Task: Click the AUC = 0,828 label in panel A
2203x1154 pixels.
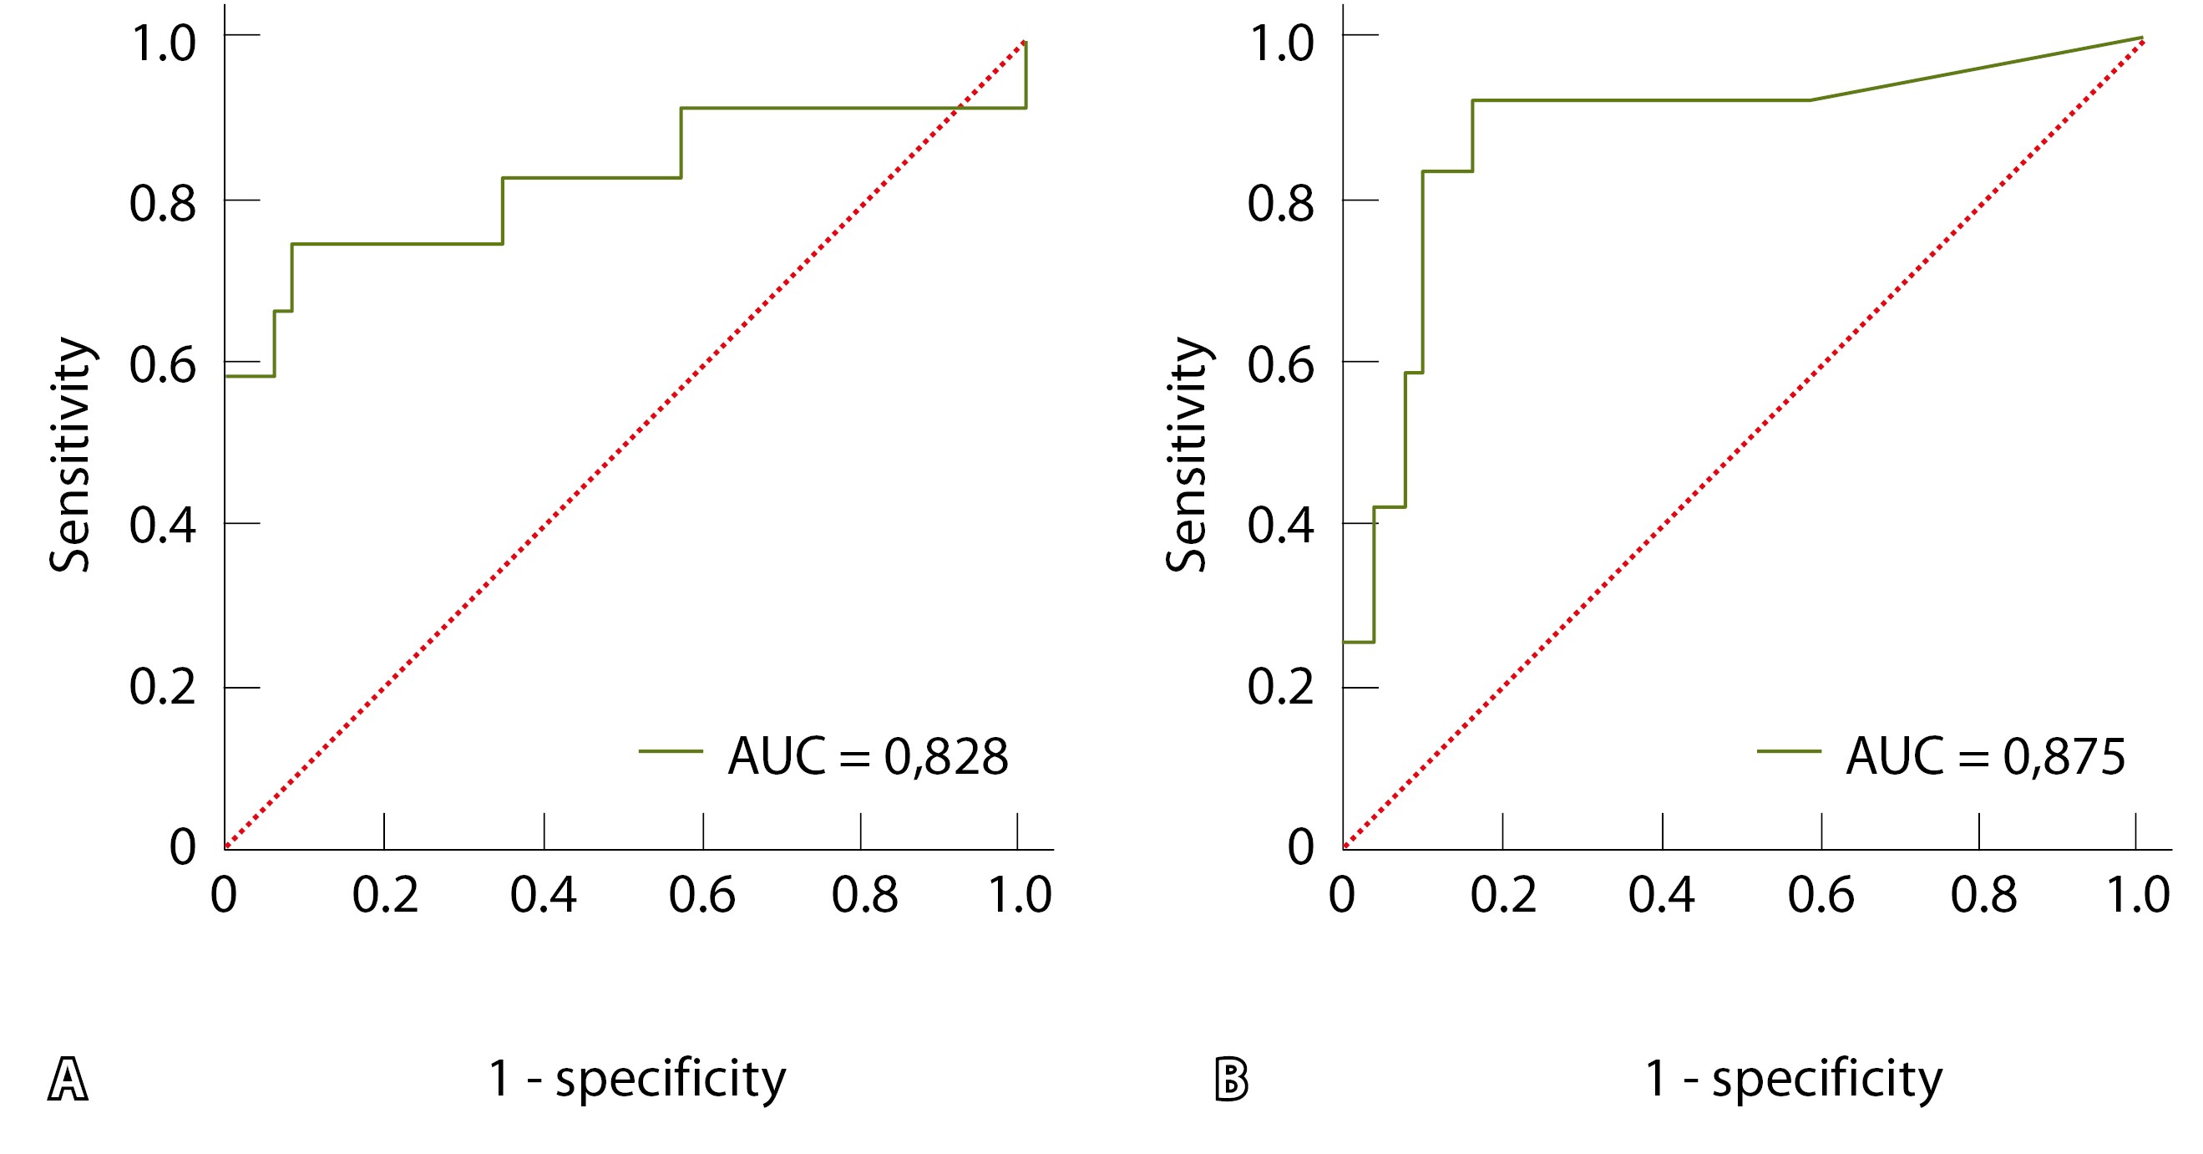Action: point(867,757)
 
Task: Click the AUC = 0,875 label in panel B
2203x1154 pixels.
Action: point(1985,757)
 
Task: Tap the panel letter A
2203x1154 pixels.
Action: point(68,1080)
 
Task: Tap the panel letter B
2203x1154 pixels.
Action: point(1232,1080)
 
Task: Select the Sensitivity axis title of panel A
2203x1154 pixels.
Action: point(70,455)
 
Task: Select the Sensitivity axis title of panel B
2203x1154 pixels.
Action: point(1188,455)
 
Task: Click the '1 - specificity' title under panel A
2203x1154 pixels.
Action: point(636,1078)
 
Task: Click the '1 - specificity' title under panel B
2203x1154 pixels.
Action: point(1793,1078)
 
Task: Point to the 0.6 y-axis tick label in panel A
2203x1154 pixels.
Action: point(163,365)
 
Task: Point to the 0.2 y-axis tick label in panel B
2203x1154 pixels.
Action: point(1280,687)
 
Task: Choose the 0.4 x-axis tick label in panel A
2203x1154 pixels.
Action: point(543,896)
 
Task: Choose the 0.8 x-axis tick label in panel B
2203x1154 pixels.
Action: point(1983,896)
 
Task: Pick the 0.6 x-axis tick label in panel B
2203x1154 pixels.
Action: point(1821,896)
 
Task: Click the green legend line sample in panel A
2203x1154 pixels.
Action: point(671,751)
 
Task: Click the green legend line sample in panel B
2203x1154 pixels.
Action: point(1789,751)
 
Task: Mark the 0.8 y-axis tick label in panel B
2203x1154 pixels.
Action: point(1280,205)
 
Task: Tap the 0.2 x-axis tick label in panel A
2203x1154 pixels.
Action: point(385,896)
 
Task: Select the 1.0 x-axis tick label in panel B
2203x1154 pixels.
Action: point(2137,896)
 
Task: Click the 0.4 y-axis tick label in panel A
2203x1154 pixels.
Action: point(163,526)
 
